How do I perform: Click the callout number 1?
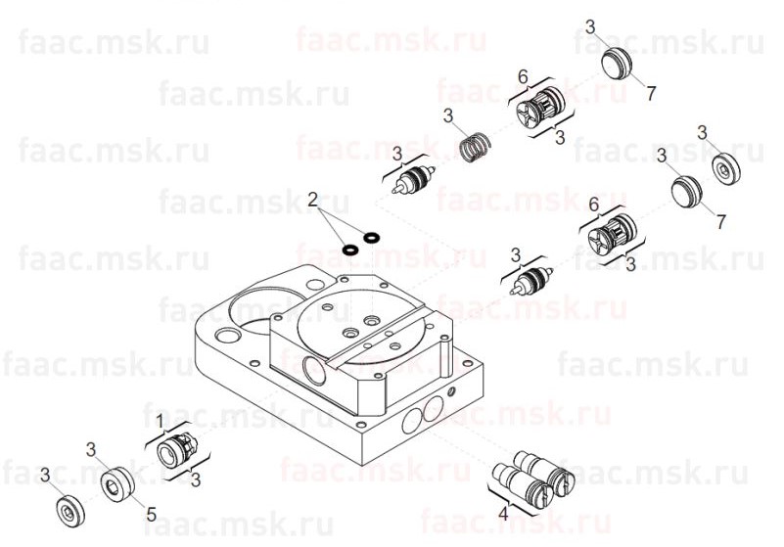[160, 422]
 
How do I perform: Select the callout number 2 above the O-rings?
[312, 200]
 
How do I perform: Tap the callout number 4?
[503, 513]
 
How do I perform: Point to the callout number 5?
[151, 514]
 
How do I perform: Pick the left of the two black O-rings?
[350, 248]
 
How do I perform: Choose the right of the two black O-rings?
[371, 237]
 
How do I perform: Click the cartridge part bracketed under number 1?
[175, 450]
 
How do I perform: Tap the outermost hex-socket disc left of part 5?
[69, 511]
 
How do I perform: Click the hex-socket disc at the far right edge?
[725, 169]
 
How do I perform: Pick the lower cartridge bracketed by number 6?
[613, 235]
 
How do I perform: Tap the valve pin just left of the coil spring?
[413, 178]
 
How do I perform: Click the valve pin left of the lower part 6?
[531, 280]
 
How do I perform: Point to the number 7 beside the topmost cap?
[651, 94]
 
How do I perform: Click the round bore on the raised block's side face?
[314, 371]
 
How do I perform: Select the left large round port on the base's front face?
[411, 421]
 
